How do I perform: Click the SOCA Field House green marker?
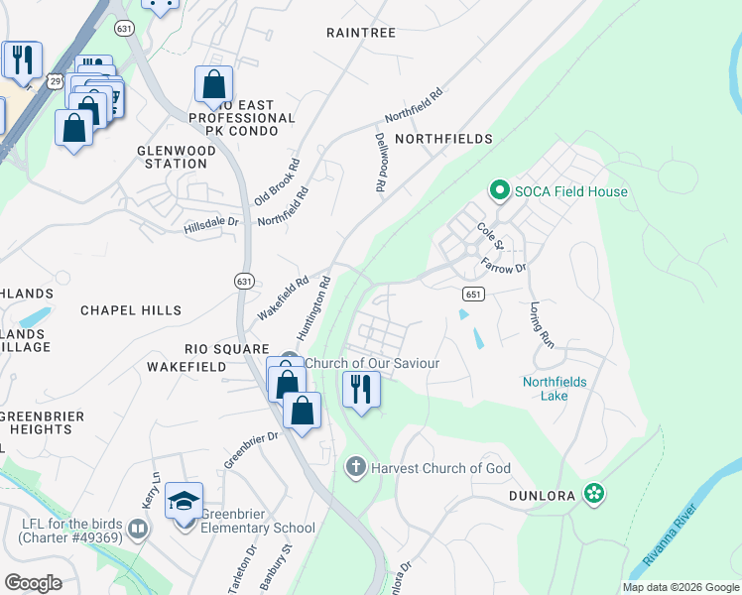point(499,190)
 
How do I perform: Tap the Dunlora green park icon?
point(594,493)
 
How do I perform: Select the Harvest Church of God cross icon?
point(356,467)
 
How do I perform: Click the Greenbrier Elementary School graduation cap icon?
point(184,503)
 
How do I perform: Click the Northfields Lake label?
point(556,389)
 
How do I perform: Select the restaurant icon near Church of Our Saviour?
point(361,388)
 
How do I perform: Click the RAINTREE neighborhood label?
point(361,33)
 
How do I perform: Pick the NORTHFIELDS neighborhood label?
point(443,140)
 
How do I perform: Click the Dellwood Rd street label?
point(380,163)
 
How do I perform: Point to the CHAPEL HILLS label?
point(132,310)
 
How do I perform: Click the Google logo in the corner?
point(33,582)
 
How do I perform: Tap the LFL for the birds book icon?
point(138,529)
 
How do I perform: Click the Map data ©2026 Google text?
point(680,586)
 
